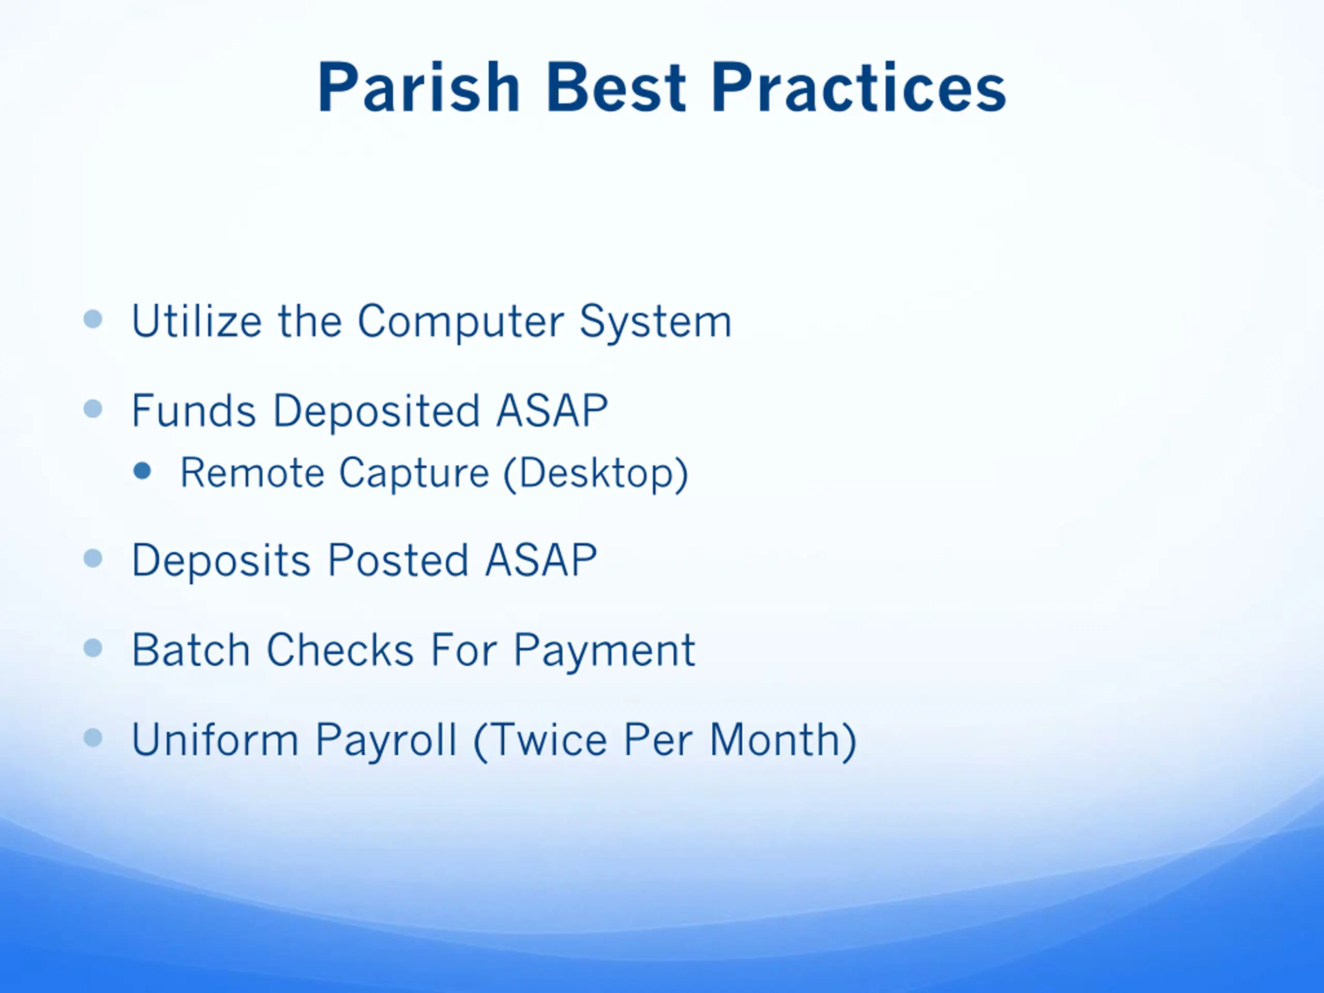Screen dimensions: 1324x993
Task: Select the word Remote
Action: click(252, 473)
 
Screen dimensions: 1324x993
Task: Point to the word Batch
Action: click(191, 650)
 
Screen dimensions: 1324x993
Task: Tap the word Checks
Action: click(340, 650)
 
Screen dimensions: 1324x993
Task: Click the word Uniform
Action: click(215, 740)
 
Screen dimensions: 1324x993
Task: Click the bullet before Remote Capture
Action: click(142, 471)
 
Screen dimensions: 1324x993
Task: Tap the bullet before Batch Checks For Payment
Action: click(94, 648)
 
